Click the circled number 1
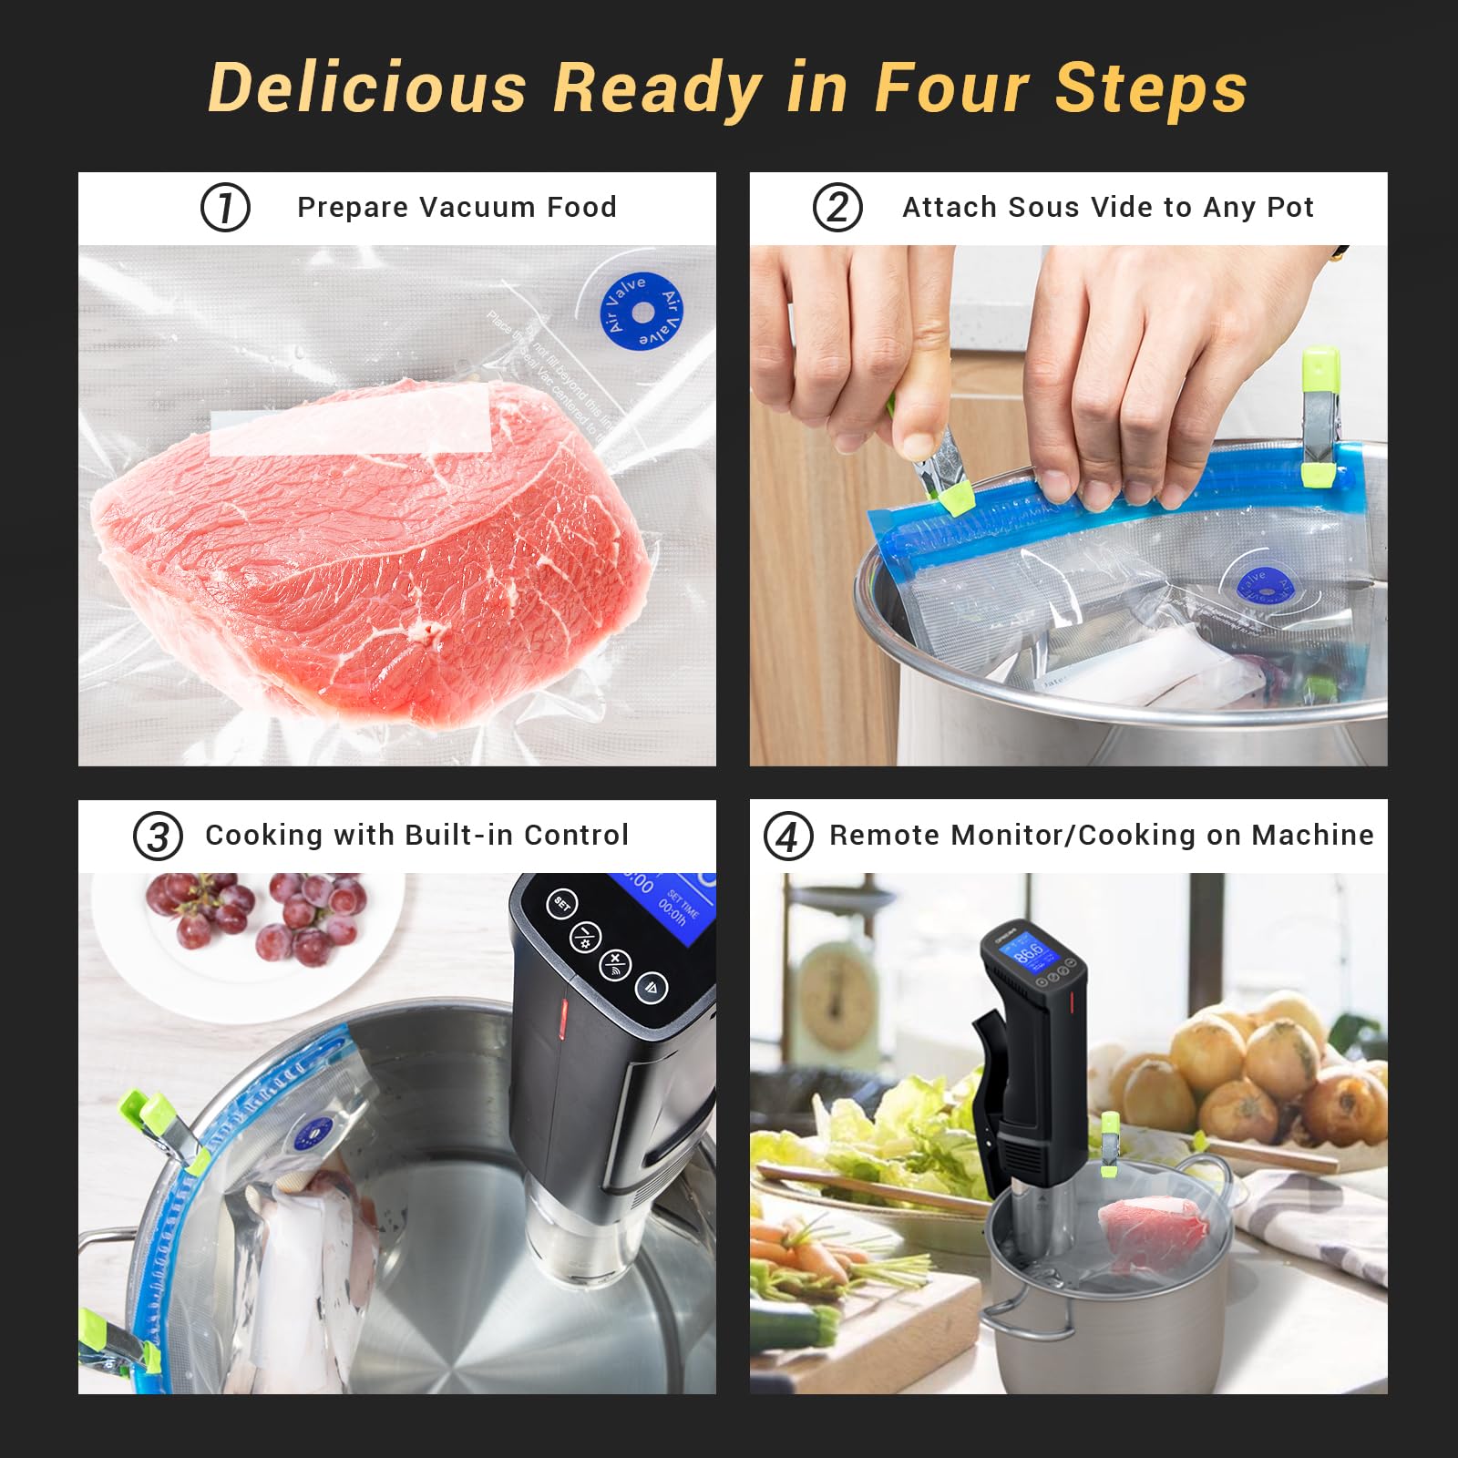225,208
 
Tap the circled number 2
837,208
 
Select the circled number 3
158,837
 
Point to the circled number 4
787,837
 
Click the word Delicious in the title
367,88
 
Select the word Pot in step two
1289,208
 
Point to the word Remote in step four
887,835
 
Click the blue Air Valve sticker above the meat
642,312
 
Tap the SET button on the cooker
562,904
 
